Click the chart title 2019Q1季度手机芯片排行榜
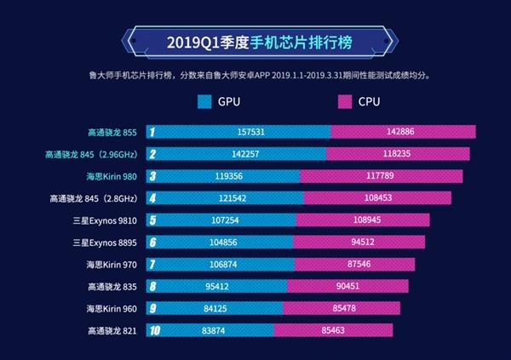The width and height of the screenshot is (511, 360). click(x=255, y=42)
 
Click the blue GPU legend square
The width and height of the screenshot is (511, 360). click(x=204, y=102)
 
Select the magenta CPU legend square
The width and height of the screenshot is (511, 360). click(x=344, y=102)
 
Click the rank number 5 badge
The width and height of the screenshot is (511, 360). click(x=152, y=220)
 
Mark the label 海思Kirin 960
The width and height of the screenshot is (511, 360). click(x=112, y=308)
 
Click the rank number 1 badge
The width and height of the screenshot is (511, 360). click(x=152, y=132)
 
